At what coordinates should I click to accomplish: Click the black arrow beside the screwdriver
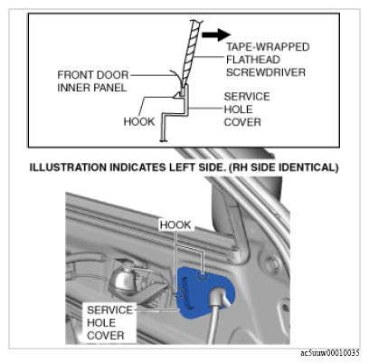tap(216, 34)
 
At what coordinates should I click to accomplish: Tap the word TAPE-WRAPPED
tap(268, 47)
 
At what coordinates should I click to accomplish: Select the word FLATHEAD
tap(253, 60)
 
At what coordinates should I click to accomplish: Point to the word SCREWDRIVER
tap(266, 72)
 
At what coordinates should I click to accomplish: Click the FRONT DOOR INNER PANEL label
tap(93, 81)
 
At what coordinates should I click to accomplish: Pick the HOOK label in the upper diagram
tap(139, 121)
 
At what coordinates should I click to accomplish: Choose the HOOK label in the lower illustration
tap(175, 225)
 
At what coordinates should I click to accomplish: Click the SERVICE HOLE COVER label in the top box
tap(247, 110)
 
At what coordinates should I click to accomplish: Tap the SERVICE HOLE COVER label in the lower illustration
tap(109, 322)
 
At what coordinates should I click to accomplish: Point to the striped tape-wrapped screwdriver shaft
tap(190, 53)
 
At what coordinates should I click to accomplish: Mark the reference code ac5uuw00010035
tap(330, 353)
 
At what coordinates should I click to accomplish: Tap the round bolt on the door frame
tap(273, 264)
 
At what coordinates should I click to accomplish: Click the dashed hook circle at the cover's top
tap(202, 276)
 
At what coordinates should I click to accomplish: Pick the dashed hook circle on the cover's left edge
tap(180, 292)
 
